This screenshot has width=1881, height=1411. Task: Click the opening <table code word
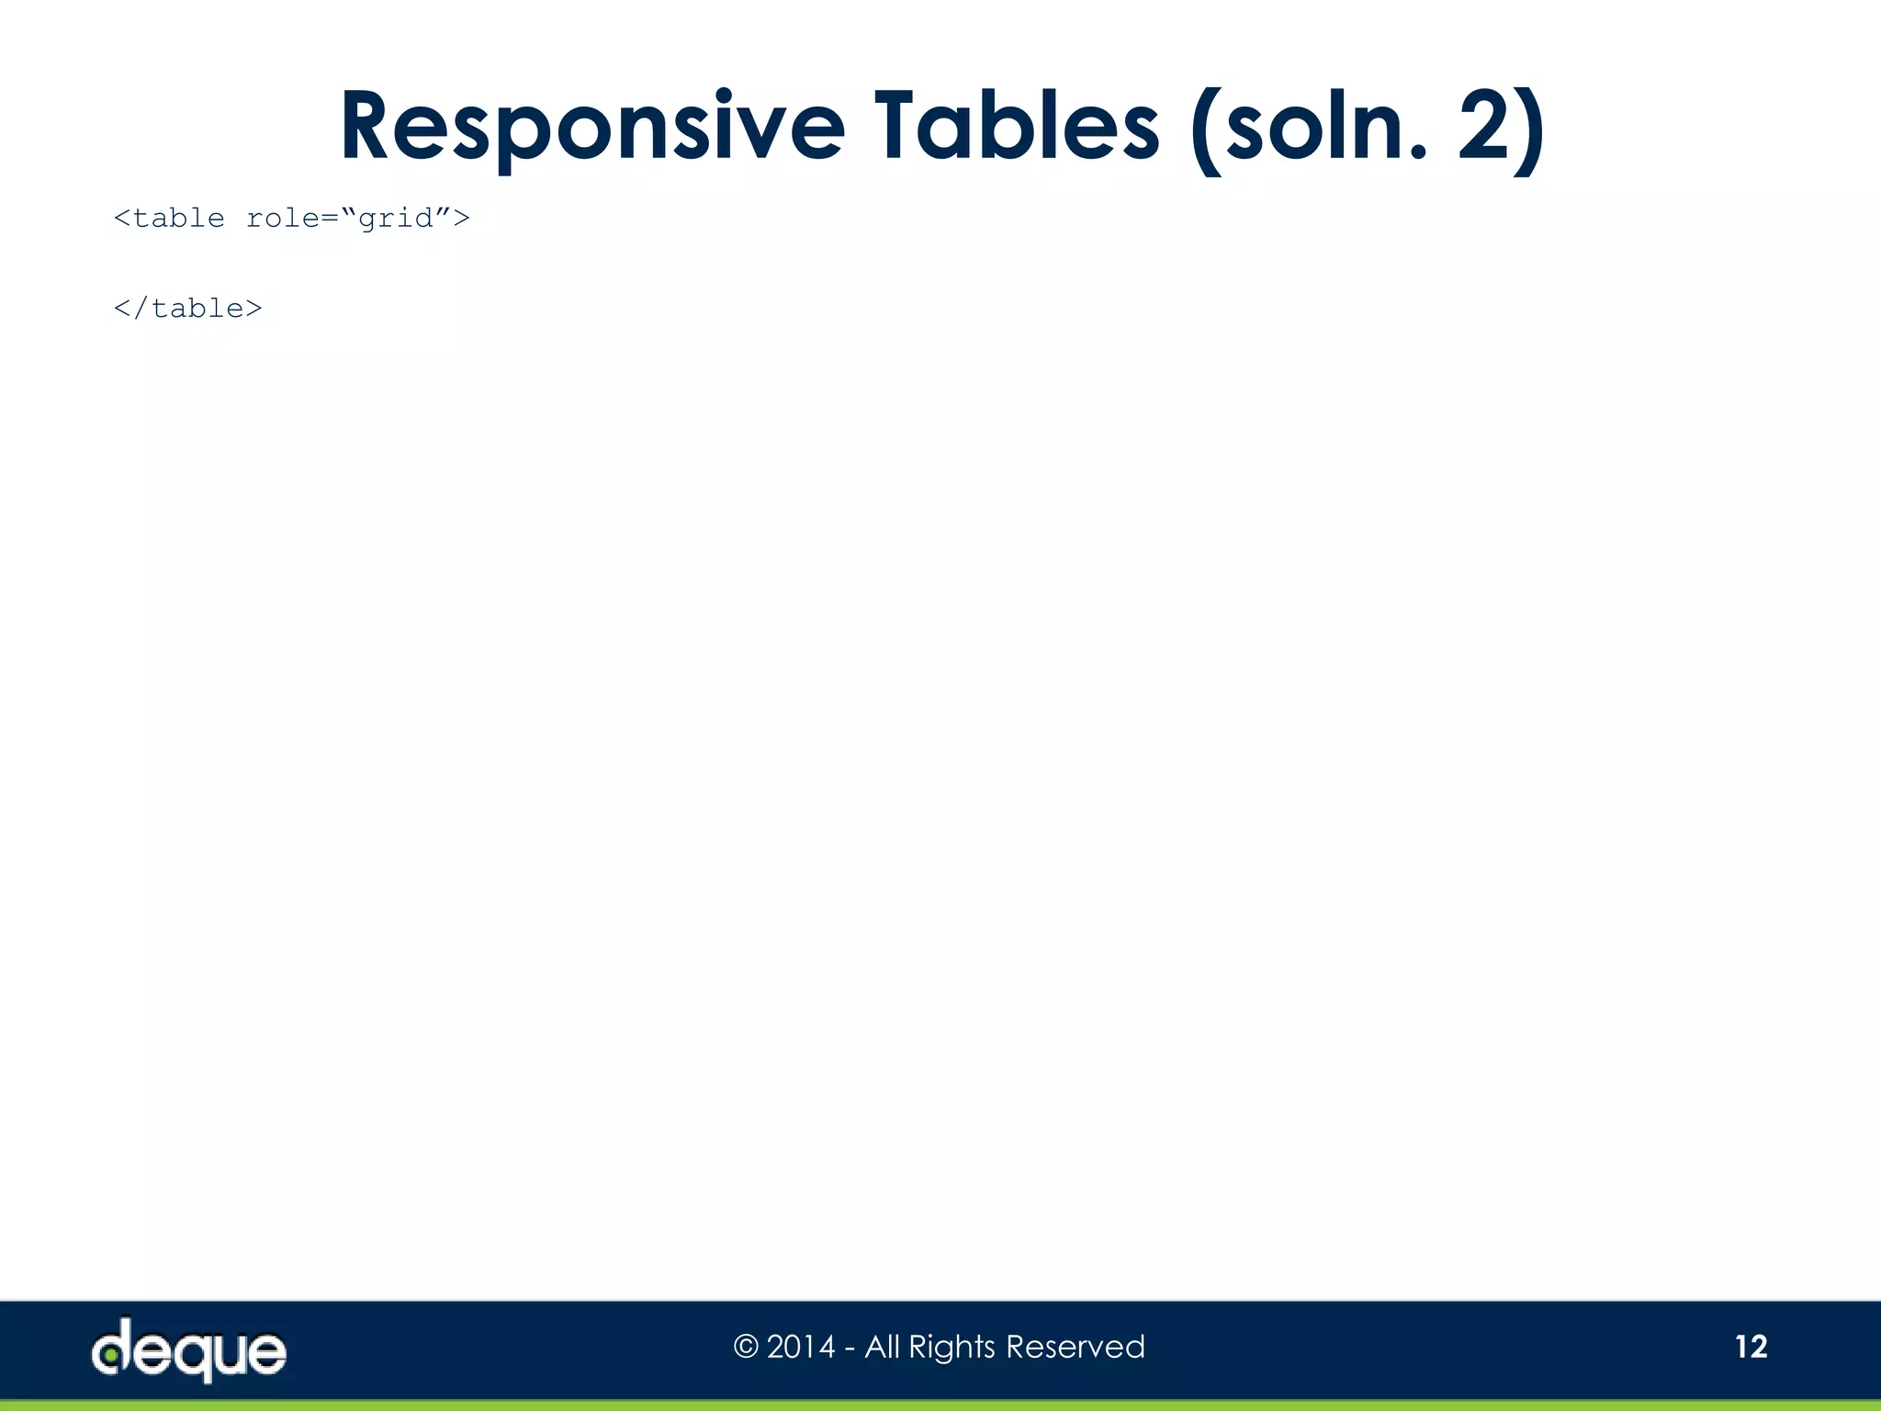point(169,219)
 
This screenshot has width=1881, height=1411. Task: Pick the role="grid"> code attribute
point(358,219)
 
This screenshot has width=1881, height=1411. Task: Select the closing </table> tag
point(187,309)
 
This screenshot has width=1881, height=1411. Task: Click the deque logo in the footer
point(188,1350)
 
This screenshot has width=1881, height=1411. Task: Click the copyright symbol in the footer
point(746,1348)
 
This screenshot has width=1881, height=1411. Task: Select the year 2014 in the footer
point(801,1348)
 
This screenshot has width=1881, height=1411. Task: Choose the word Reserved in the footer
point(1076,1348)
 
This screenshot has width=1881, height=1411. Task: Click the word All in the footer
point(882,1348)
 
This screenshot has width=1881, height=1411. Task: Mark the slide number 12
point(1751,1347)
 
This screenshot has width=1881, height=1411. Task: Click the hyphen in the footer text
point(850,1349)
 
